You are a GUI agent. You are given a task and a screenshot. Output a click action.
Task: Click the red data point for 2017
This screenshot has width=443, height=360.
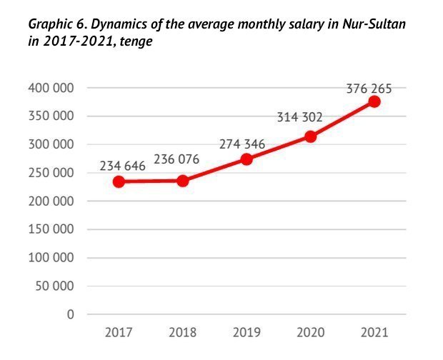tap(119, 181)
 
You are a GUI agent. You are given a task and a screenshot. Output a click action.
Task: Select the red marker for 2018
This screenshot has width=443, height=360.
tap(182, 181)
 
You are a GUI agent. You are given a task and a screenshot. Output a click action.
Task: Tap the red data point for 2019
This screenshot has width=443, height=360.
tap(247, 159)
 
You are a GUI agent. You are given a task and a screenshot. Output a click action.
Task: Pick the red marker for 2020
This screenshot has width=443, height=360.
tap(310, 136)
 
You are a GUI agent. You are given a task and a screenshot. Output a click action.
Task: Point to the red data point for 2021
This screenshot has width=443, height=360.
tap(374, 101)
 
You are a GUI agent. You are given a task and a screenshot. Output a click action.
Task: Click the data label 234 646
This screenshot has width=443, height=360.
tap(122, 166)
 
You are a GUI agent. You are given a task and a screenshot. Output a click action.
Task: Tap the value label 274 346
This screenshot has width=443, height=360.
tap(242, 144)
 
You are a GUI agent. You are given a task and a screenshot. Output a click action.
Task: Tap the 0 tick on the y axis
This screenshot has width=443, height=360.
tap(70, 314)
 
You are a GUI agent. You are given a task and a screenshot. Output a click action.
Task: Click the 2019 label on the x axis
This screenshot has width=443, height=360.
tap(247, 333)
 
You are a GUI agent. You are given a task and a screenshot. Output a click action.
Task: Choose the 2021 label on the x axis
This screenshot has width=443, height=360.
tap(374, 333)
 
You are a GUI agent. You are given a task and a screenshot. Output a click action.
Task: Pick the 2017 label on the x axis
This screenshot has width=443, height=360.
tap(119, 333)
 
